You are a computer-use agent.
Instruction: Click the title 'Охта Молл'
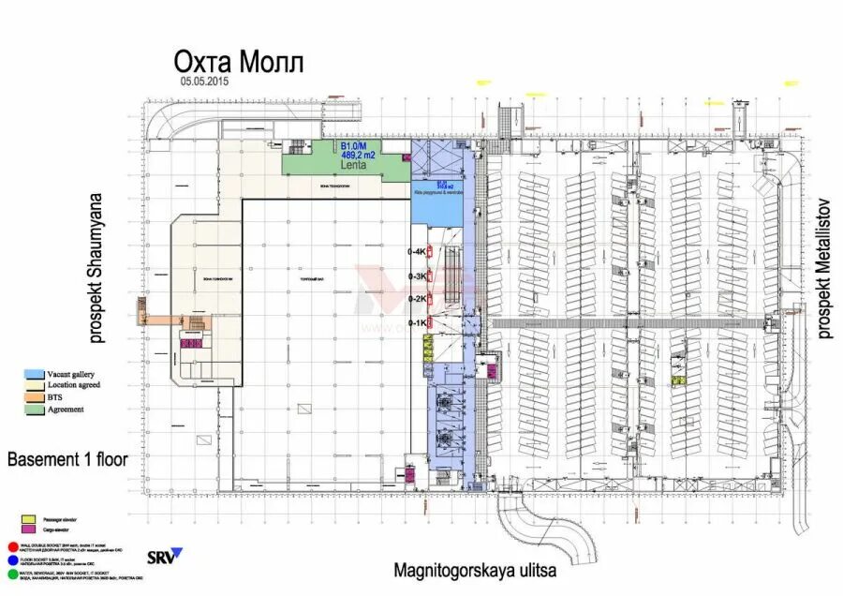pos(238,63)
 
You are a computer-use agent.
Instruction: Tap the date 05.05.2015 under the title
pos(205,82)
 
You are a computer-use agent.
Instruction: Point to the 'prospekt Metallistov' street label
pos(824,268)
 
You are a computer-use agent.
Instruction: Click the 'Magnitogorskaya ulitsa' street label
pos(475,569)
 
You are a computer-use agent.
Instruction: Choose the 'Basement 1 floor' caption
pos(67,460)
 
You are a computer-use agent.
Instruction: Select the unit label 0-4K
pos(417,252)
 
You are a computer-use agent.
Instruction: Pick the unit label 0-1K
pos(417,322)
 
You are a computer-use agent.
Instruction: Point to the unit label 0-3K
pos(417,276)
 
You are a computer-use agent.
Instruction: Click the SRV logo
pos(165,557)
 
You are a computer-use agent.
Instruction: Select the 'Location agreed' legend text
pos(67,385)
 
